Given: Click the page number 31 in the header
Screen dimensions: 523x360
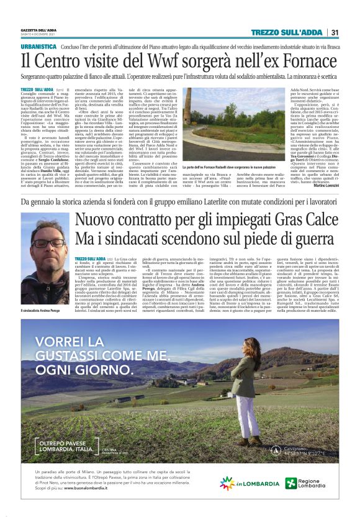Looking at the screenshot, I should pyautogui.click(x=334, y=32).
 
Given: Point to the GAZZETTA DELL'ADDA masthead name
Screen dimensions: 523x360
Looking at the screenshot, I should pyautogui.click(x=39, y=30).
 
